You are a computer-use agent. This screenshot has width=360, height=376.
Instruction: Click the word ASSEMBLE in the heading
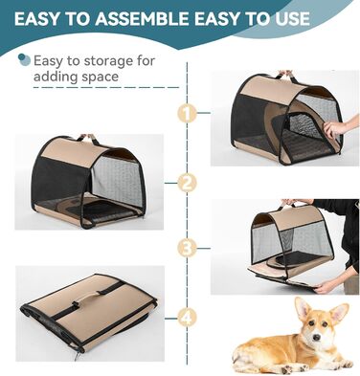pyautogui.click(x=142, y=19)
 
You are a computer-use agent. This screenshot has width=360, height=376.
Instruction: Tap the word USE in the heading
pyautogui.click(x=290, y=19)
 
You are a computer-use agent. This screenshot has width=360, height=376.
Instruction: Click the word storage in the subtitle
pyautogui.click(x=106, y=61)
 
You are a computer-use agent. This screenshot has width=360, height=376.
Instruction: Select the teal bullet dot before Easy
pyautogui.click(x=24, y=60)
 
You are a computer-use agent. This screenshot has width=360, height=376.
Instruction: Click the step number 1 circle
pyautogui.click(x=187, y=113)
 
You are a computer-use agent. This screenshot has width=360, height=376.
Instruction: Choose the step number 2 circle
pyautogui.click(x=187, y=183)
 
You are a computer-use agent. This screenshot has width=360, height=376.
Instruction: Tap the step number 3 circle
pyautogui.click(x=187, y=248)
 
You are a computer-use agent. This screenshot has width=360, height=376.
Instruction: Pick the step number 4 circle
pyautogui.click(x=187, y=318)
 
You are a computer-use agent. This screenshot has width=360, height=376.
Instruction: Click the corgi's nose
pyautogui.click(x=316, y=338)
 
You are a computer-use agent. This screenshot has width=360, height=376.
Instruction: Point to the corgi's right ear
pyautogui.click(x=340, y=313)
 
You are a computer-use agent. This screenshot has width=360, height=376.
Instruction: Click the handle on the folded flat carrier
pyautogui.click(x=89, y=299)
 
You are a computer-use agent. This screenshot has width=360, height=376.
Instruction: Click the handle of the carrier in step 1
pyautogui.click(x=286, y=75)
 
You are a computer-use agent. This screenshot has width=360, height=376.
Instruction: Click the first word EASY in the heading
pyautogui.click(x=36, y=19)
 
